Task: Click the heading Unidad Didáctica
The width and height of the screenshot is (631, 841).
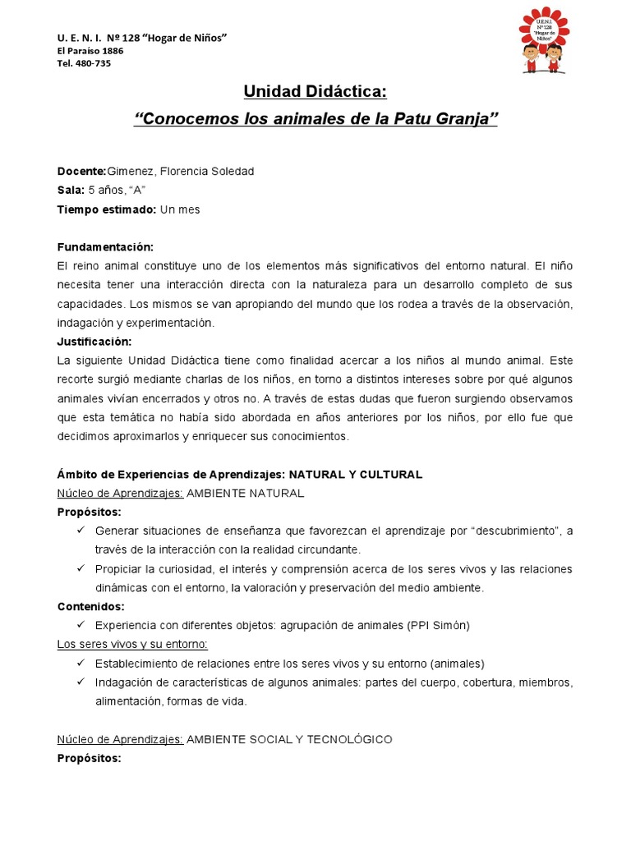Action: tap(315, 91)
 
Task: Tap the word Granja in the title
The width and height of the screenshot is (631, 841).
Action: tap(467, 120)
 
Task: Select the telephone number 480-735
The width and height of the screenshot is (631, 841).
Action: tap(91, 63)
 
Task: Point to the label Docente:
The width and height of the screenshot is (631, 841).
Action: tap(81, 171)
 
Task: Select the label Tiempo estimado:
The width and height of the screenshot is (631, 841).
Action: tap(106, 209)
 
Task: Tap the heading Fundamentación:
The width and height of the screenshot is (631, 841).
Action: tap(105, 247)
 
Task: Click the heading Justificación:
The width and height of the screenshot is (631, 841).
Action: tap(94, 342)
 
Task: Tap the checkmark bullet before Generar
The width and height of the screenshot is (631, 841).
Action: tap(81, 531)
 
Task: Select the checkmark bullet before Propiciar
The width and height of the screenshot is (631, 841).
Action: tap(81, 569)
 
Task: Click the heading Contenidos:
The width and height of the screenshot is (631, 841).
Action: tap(90, 606)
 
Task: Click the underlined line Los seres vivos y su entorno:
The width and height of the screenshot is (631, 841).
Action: tap(132, 644)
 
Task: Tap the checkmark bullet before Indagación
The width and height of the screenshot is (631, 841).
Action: tap(81, 682)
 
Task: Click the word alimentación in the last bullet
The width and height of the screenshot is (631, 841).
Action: tap(128, 701)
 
